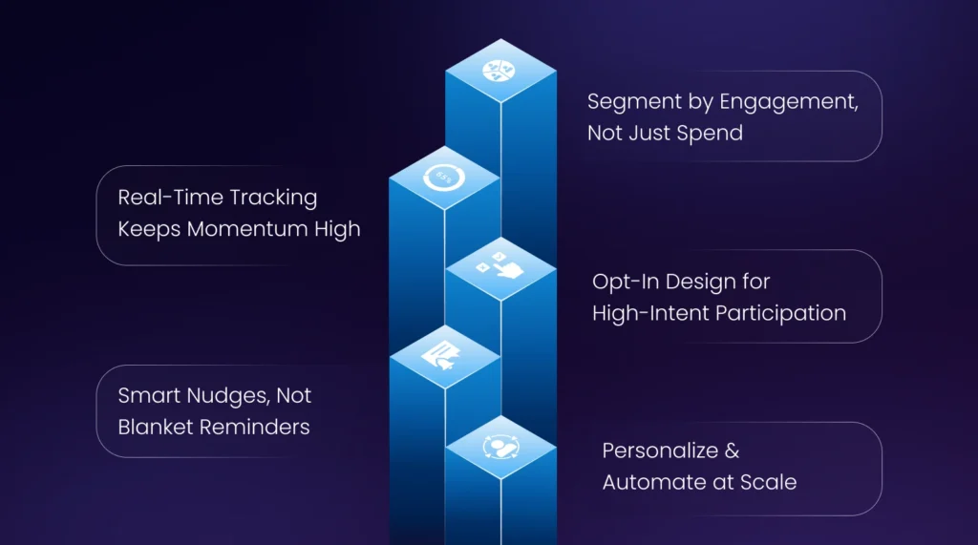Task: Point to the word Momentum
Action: (257, 229)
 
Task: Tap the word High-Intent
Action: (647, 312)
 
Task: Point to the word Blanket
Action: (154, 427)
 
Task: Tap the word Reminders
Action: (253, 427)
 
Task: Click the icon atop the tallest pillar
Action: (500, 70)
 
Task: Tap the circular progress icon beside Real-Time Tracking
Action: (445, 177)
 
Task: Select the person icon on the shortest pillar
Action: (500, 447)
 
